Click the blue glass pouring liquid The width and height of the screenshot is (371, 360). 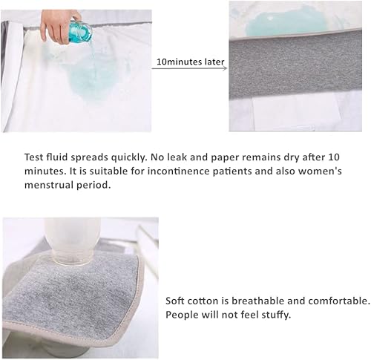click(x=79, y=31)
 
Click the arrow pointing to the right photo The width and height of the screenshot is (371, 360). click(x=190, y=68)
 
